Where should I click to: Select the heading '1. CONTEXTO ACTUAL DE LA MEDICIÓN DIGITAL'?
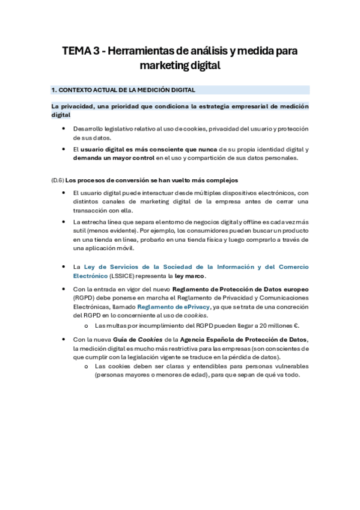click(123, 90)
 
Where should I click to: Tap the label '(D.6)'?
click(57, 180)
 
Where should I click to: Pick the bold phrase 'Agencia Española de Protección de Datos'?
click(246, 340)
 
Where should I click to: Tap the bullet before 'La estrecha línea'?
click(64, 222)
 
